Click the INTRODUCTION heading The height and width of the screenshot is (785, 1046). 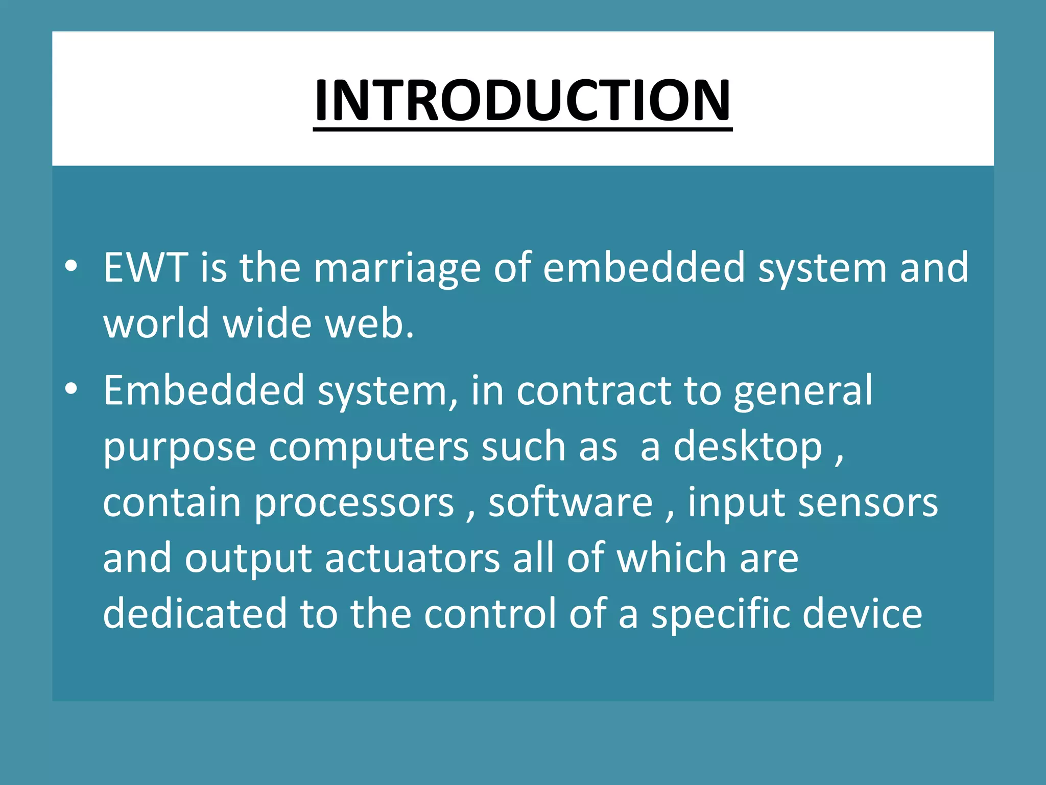coord(522,100)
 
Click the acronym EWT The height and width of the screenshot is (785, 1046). coord(145,268)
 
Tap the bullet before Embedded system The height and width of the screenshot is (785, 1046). coord(71,389)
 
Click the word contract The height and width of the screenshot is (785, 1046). coord(593,391)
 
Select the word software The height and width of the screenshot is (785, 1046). coord(570,503)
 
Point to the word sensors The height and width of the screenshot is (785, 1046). coord(868,503)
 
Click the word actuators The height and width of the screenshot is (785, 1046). coord(412,559)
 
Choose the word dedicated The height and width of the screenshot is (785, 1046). coord(195,613)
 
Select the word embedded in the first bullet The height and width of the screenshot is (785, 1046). coord(644,268)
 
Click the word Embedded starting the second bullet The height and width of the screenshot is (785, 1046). coord(204,390)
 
